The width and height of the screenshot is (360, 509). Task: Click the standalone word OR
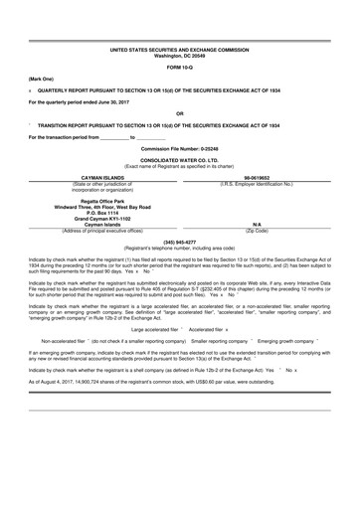(179, 113)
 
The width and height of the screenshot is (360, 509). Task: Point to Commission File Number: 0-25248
(179, 147)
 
